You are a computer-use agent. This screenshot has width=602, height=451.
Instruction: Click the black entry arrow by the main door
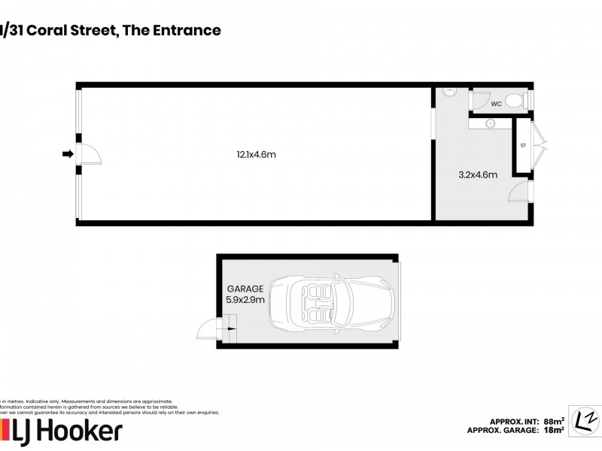[x=68, y=154]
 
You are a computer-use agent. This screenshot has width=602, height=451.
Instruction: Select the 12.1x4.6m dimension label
[x=251, y=155]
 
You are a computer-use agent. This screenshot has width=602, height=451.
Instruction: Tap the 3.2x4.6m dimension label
[x=478, y=174]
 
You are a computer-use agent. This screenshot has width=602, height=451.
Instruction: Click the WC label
[x=496, y=104]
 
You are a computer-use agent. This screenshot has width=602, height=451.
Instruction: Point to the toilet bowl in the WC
[x=515, y=100]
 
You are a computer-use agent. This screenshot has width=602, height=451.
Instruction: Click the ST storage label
[x=522, y=145]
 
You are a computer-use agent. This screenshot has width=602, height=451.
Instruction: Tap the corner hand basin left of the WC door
[x=449, y=92]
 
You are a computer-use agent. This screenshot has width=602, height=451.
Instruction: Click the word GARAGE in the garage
[x=245, y=289]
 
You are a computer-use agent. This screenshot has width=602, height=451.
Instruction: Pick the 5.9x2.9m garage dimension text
[x=245, y=300]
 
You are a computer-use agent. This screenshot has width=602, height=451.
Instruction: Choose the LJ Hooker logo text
[x=64, y=431]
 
